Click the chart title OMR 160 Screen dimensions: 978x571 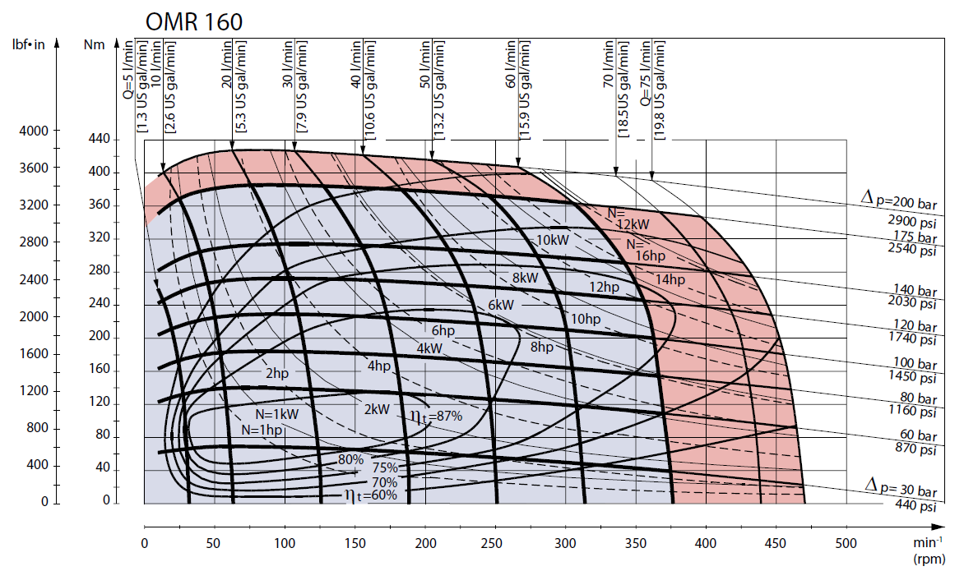pos(194,22)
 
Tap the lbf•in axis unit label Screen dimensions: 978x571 pos(29,44)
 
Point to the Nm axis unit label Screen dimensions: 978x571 pos(95,44)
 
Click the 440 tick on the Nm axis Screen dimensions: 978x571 pos(100,138)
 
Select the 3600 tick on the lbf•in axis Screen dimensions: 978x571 pos(34,168)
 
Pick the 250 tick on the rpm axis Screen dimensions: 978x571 pos(492,543)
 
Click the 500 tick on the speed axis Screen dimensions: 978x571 pos(846,543)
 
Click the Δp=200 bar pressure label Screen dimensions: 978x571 pos(899,200)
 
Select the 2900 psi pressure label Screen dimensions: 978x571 pos(912,222)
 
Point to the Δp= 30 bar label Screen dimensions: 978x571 pos(901,487)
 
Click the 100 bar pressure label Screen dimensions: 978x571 pos(915,363)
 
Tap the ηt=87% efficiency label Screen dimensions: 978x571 pos(436,417)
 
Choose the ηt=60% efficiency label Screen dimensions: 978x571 pos(370,495)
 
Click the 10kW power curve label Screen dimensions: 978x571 pos(553,240)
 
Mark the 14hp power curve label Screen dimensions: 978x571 pos(670,279)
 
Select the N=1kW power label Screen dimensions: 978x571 pos(277,414)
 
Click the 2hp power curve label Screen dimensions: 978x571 pos(277,373)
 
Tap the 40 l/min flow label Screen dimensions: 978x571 pos(356,64)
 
